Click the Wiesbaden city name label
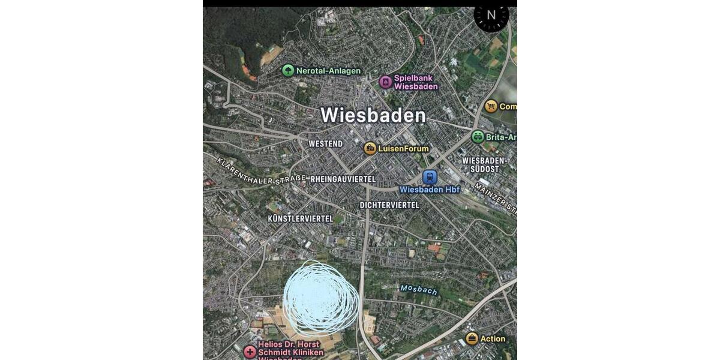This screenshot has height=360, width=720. [x=373, y=115]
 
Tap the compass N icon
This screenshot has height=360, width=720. [x=491, y=16]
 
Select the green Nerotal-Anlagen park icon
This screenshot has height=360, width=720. [x=288, y=71]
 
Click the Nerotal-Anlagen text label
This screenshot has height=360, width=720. [x=328, y=71]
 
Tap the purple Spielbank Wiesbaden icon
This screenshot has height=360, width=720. [x=385, y=82]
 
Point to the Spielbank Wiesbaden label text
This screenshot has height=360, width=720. [x=416, y=82]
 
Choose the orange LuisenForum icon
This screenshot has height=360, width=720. [x=370, y=148]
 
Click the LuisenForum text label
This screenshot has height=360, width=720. [x=403, y=148]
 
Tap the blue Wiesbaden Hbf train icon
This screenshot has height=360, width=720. [x=430, y=177]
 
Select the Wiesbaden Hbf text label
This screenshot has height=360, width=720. [x=430, y=190]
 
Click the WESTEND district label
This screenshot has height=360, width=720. [x=325, y=144]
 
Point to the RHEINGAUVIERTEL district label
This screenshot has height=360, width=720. [x=343, y=179]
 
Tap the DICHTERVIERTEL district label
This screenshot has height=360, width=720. [x=389, y=205]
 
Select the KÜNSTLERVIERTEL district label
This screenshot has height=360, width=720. [x=301, y=219]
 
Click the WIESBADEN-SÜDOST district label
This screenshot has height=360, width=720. [x=485, y=165]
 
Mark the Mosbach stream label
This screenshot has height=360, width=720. [x=419, y=290]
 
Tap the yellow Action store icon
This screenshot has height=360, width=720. [x=472, y=338]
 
